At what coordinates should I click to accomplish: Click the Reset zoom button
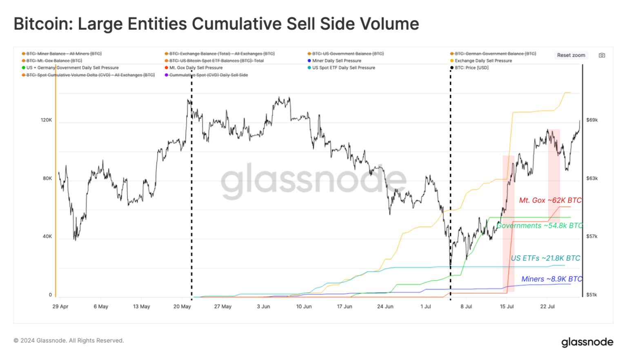click(571, 55)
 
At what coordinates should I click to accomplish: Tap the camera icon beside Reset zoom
click(602, 55)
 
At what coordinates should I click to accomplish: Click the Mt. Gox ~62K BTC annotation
click(550, 201)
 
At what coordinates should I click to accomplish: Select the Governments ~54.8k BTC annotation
click(539, 226)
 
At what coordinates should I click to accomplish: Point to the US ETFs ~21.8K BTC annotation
click(545, 258)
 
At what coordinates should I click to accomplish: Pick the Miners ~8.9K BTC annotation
click(551, 279)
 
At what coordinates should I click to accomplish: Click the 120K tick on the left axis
click(46, 120)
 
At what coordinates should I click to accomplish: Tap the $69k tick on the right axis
click(592, 120)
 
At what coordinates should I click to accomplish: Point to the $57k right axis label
click(592, 236)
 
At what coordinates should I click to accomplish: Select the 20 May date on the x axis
click(182, 307)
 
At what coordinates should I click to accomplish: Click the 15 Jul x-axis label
click(507, 307)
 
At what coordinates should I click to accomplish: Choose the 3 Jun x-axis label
click(263, 307)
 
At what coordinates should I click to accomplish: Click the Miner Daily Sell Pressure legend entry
click(336, 61)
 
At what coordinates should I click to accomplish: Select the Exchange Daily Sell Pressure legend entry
click(483, 61)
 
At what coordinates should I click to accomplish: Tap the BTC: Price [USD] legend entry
click(471, 68)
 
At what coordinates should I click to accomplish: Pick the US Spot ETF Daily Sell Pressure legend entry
click(343, 68)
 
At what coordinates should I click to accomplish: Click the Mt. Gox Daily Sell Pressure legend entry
click(196, 68)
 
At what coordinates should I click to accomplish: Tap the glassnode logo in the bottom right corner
click(587, 342)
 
